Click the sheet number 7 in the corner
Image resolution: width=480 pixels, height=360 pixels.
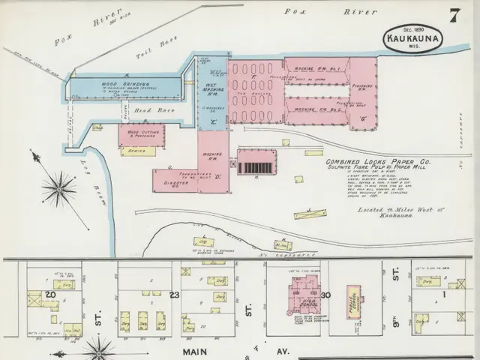(454, 15)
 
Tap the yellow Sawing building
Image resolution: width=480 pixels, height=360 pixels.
(139, 151)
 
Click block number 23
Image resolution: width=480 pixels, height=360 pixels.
(175, 295)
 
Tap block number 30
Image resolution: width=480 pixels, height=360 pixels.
(325, 295)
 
